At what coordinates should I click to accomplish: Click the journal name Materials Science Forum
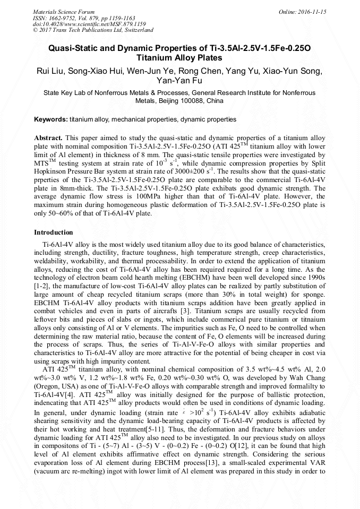coord(64,12)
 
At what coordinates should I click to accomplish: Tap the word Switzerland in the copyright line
coord(136,30)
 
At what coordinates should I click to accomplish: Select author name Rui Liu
coord(49,71)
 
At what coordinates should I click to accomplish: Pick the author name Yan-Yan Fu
coord(179,81)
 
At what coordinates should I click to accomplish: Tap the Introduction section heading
coord(54,232)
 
